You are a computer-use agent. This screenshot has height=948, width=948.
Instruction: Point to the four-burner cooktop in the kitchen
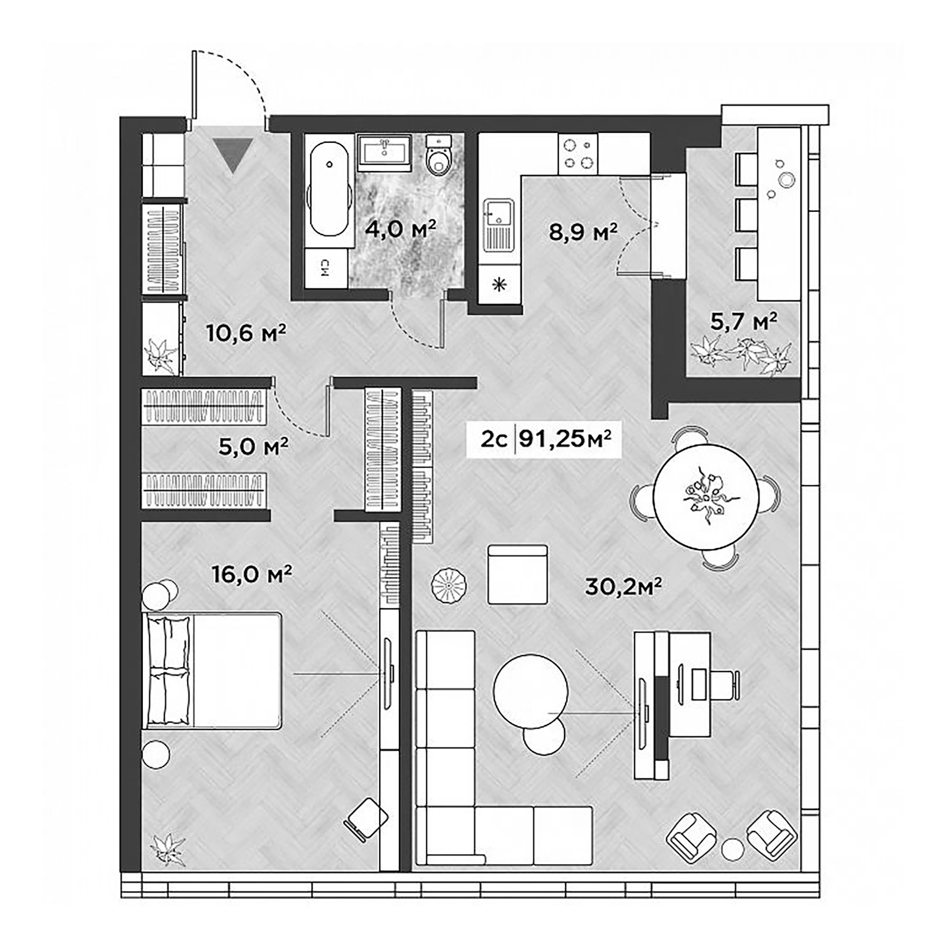tap(578, 154)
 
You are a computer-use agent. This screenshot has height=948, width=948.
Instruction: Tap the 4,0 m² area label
tap(400, 230)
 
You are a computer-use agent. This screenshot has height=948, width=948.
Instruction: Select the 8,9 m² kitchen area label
tap(582, 232)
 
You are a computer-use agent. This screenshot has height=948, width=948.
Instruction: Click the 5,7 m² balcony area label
tap(743, 321)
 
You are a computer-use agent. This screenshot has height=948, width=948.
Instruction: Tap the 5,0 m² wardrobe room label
tap(253, 447)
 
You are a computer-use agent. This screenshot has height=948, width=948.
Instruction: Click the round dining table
tap(705, 496)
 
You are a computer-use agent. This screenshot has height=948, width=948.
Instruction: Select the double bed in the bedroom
tap(212, 670)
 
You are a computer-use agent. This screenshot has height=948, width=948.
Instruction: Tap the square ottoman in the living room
tap(517, 574)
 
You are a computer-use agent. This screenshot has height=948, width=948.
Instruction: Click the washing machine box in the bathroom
tap(326, 269)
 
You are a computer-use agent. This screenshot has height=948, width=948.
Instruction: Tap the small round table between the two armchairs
tap(732, 848)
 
